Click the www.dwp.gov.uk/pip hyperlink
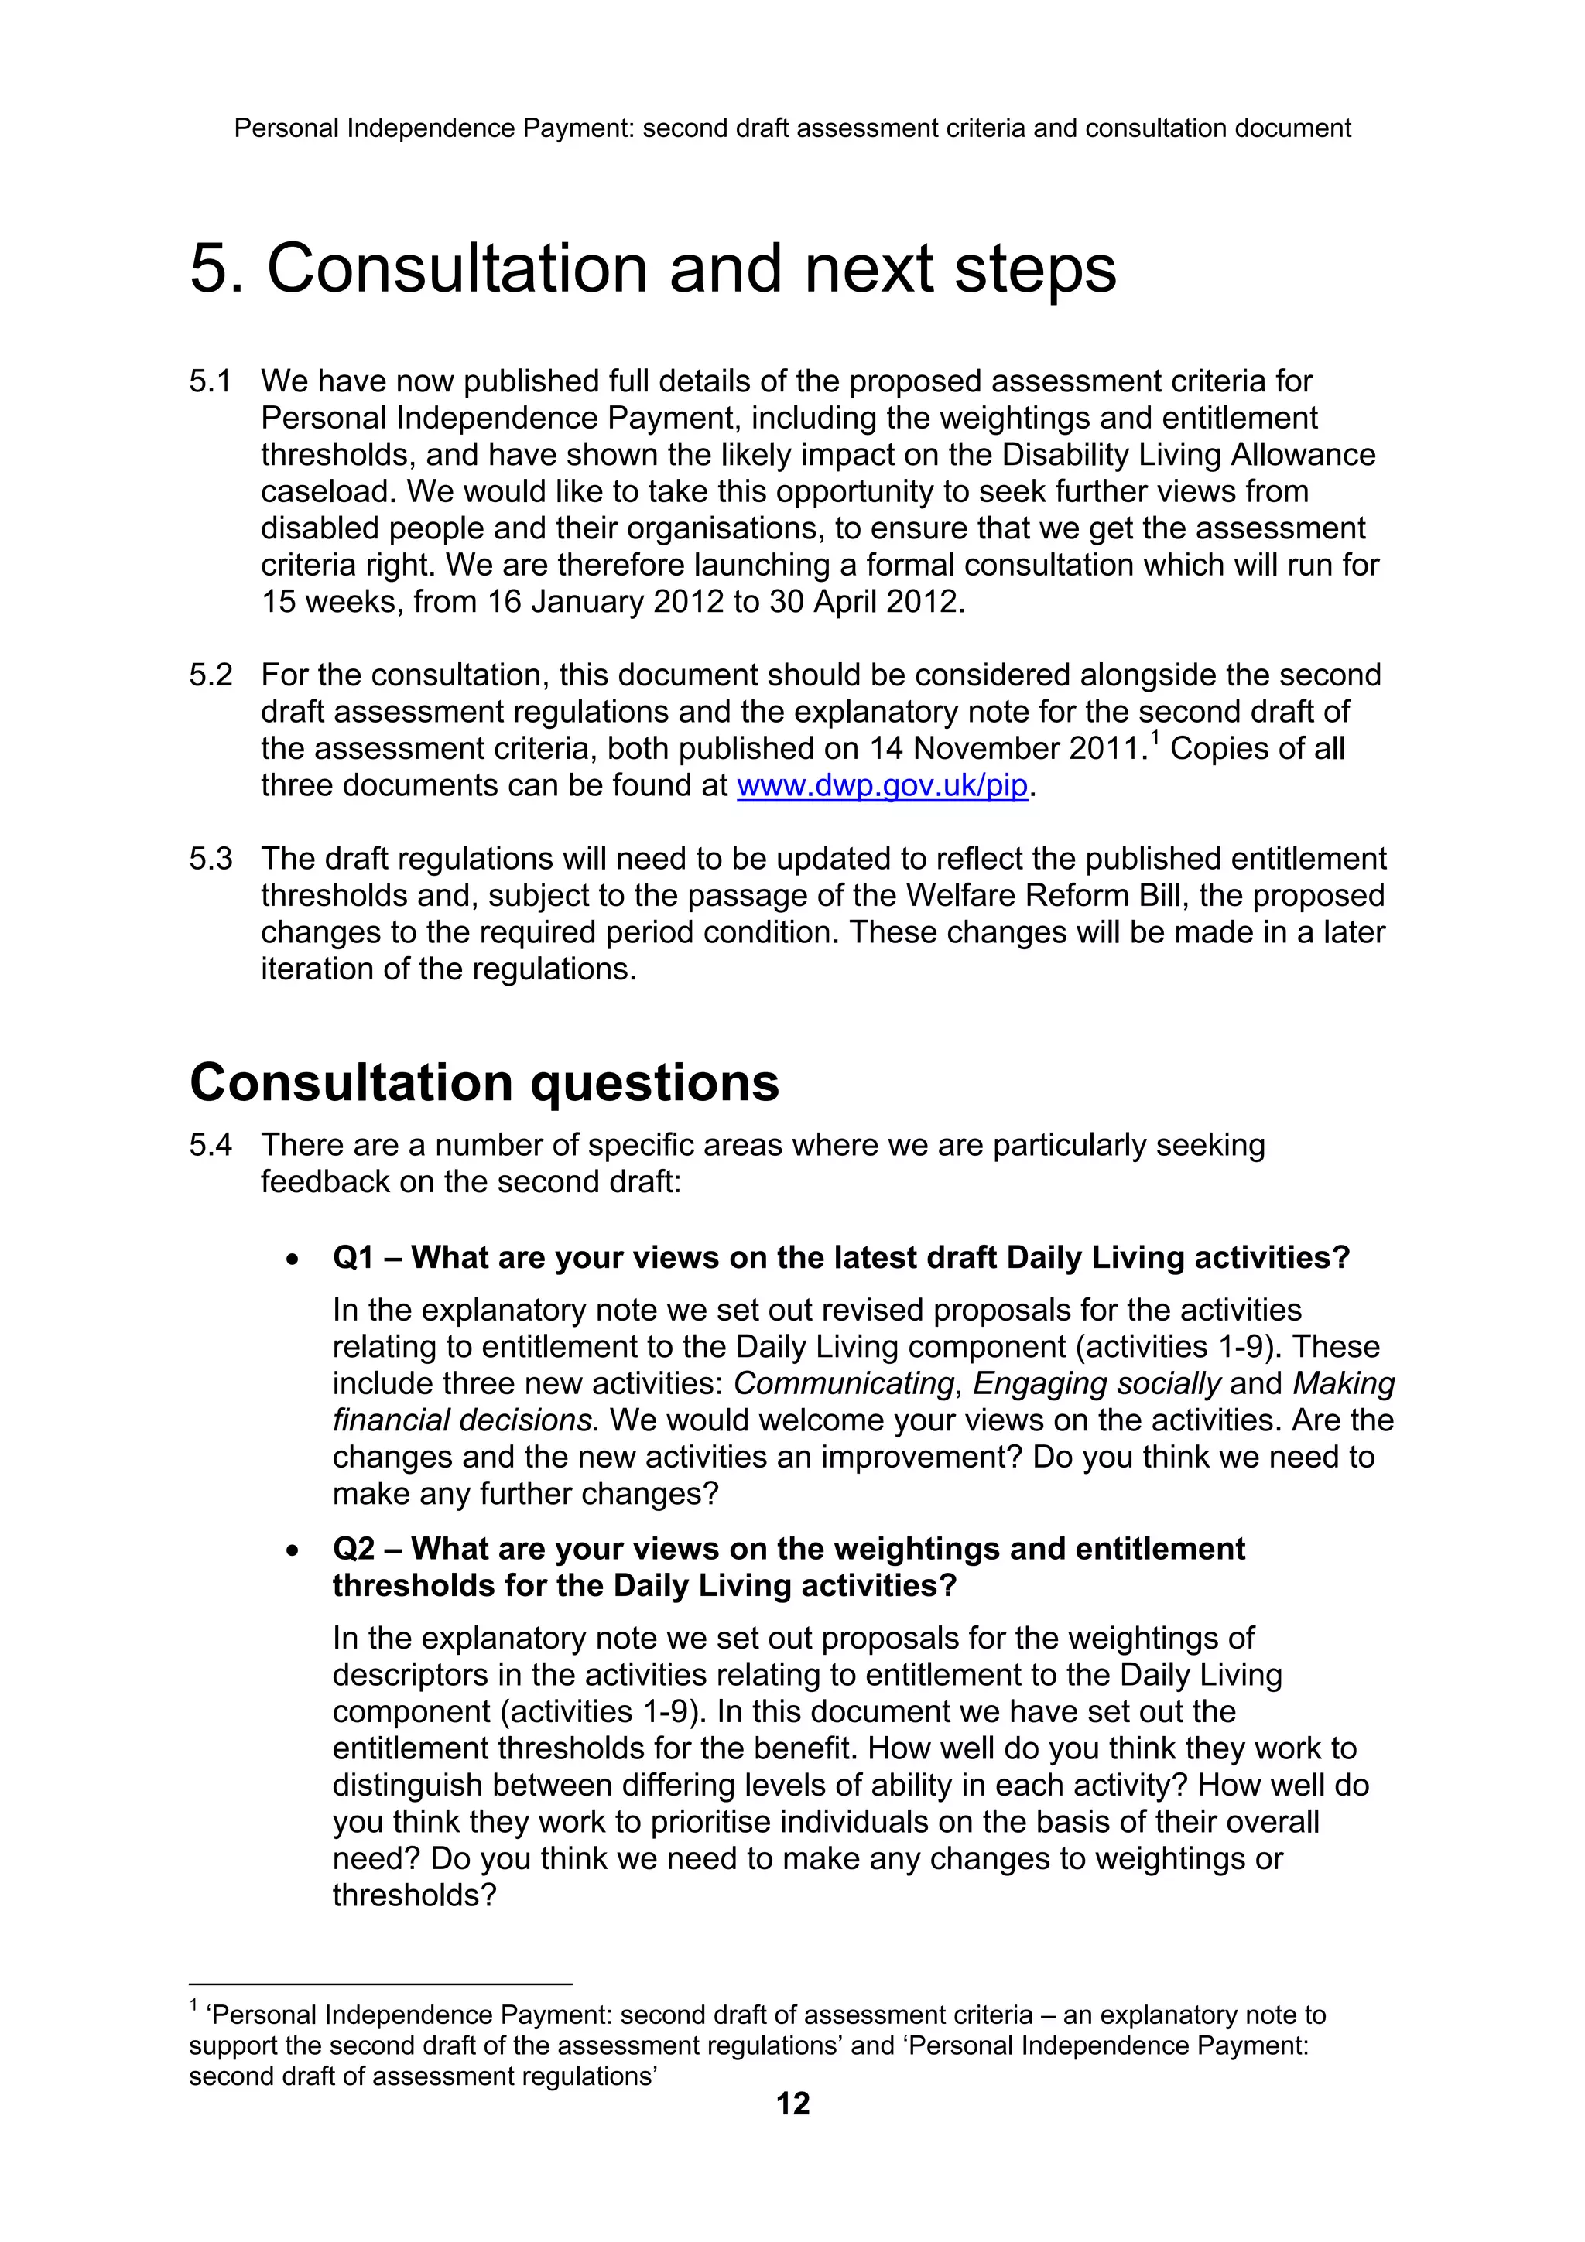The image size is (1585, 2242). pos(882,786)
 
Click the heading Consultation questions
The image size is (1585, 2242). pos(484,1083)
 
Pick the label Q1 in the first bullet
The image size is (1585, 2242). pos(353,1258)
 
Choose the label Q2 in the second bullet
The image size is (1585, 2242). pos(353,1550)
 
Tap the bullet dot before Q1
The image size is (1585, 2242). pos(292,1260)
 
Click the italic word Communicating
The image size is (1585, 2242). pos(843,1384)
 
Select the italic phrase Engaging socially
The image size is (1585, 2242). pos(1096,1384)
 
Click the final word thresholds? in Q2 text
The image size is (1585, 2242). pos(414,1895)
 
